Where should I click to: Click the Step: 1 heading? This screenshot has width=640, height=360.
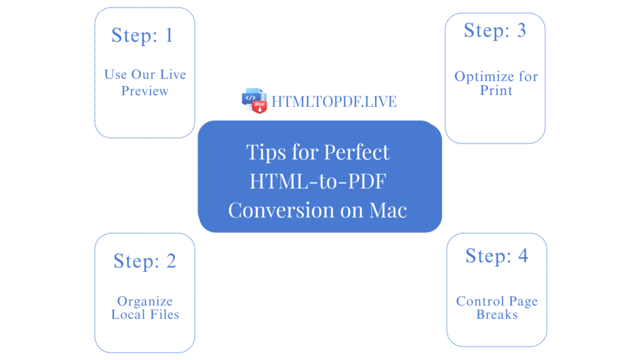click(x=142, y=35)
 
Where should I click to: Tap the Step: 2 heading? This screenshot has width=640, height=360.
click(x=144, y=261)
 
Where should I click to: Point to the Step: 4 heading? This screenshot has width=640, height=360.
click(x=496, y=255)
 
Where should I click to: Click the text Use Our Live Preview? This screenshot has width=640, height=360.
click(x=145, y=82)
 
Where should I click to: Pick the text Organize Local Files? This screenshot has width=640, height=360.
click(x=145, y=308)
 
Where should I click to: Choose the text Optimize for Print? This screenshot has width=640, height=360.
click(x=496, y=83)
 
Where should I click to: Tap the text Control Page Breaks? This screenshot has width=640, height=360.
click(x=497, y=308)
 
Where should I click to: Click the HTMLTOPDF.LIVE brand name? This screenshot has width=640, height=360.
click(x=334, y=101)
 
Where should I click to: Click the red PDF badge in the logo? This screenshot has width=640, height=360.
click(x=259, y=106)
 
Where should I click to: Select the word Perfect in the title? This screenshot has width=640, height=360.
click(x=356, y=152)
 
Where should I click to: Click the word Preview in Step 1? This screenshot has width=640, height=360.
click(x=145, y=91)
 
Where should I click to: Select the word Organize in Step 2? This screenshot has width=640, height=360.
click(x=145, y=301)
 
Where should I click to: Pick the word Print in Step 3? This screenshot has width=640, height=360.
click(x=496, y=90)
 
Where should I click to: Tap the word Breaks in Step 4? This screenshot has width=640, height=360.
click(x=497, y=315)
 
